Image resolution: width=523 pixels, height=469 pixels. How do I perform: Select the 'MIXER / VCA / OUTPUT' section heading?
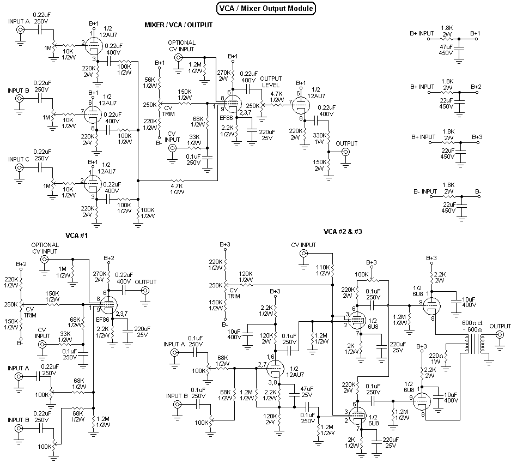click(x=178, y=25)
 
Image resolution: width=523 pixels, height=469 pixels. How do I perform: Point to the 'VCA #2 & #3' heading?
click(x=343, y=232)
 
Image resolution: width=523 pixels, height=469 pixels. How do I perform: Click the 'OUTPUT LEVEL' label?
click(x=271, y=82)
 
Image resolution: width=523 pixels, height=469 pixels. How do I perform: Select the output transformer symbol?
click(x=467, y=344)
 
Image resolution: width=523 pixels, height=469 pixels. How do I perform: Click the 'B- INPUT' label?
click(x=425, y=191)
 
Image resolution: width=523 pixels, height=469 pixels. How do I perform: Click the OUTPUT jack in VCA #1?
click(x=145, y=291)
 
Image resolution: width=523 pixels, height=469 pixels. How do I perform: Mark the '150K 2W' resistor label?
click(x=319, y=165)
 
